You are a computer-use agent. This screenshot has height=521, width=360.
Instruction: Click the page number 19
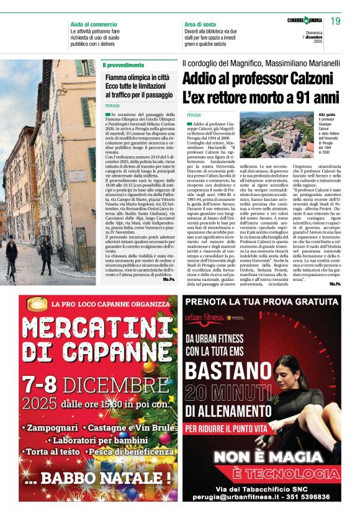[335, 22]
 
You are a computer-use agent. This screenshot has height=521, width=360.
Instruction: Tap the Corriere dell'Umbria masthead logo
[304, 21]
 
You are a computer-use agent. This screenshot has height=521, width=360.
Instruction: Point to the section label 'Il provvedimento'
[124, 65]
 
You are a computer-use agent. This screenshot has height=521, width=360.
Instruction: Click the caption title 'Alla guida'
[344, 115]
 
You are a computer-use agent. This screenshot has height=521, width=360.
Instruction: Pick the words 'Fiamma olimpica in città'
[137, 78]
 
